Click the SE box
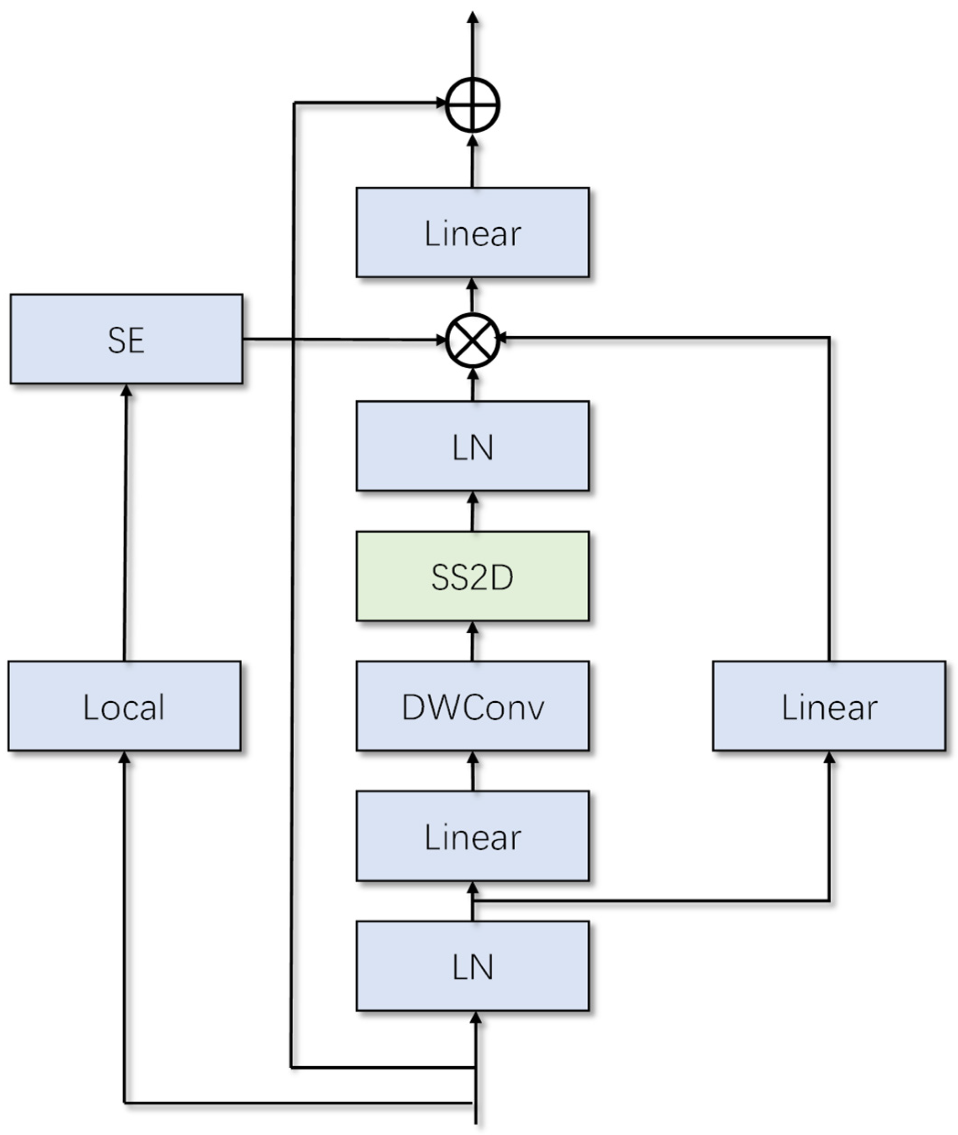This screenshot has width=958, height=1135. tap(126, 339)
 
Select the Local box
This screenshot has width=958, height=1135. tap(124, 706)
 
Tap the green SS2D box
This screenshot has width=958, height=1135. tap(473, 576)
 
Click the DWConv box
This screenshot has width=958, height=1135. tap(473, 706)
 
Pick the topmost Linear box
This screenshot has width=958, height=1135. tap(473, 233)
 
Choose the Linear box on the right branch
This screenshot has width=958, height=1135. tap(829, 706)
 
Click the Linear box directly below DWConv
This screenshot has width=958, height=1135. tap(473, 836)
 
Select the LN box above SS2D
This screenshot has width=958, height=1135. tap(473, 446)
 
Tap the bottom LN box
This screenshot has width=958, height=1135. tap(473, 965)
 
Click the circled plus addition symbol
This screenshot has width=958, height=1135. tap(473, 105)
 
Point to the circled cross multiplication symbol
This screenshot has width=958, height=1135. tap(473, 340)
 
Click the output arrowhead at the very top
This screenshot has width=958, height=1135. tap(473, 17)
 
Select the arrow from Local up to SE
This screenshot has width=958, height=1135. tap(126, 522)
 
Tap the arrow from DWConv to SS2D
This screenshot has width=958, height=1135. tap(473, 641)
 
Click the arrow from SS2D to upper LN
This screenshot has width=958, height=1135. tap(473, 511)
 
